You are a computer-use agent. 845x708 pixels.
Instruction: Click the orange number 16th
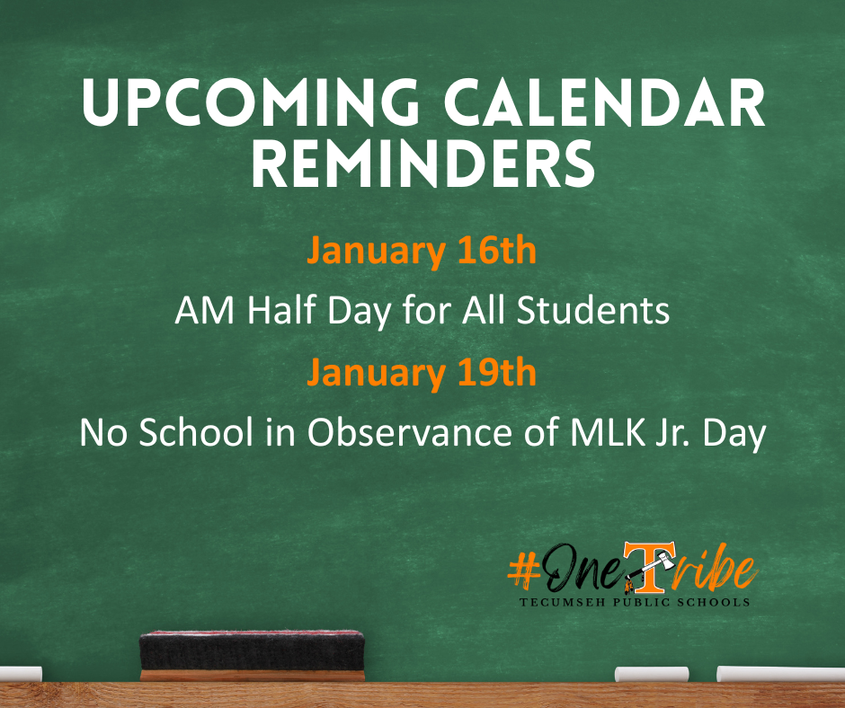click(494, 251)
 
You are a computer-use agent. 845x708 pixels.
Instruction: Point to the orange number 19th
click(494, 372)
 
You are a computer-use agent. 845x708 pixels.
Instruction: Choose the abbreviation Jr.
click(665, 434)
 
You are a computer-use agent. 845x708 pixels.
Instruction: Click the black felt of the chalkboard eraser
click(253, 650)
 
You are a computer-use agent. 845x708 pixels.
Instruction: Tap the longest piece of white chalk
click(769, 673)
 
